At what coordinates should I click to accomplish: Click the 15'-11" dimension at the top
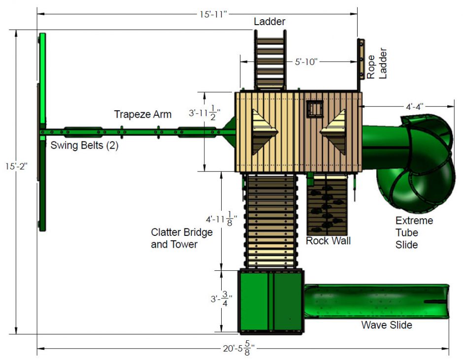point(213,14)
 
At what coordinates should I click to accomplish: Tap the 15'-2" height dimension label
point(16,166)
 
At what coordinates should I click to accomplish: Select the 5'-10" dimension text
point(306,62)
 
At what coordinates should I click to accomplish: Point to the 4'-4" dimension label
point(415,106)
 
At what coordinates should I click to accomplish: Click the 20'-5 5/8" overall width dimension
point(238,349)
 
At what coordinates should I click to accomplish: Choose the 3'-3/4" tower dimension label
point(222,299)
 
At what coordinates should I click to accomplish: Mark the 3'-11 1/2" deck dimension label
point(204,113)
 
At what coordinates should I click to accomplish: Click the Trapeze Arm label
point(143,114)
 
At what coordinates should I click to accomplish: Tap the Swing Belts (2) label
point(84,145)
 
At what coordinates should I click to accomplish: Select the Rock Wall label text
point(328,241)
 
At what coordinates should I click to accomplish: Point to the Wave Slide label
point(387,325)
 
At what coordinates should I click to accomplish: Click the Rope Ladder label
point(376,64)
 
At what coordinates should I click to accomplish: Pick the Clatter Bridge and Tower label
point(182,238)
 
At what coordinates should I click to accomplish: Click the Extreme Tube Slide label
point(414,233)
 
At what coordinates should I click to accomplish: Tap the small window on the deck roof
point(315,109)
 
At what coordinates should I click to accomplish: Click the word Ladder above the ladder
point(269,22)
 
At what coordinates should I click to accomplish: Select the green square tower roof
point(271,301)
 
